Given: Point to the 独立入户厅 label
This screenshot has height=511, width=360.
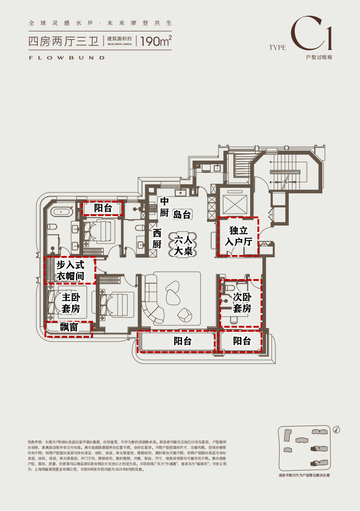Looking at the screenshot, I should (238, 236).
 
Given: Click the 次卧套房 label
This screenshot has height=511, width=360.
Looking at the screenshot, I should (242, 303).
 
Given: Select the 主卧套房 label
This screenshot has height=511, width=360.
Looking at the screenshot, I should (70, 303).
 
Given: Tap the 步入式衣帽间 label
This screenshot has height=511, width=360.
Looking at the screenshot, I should (70, 270).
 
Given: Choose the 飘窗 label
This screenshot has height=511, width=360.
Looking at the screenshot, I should (69, 327).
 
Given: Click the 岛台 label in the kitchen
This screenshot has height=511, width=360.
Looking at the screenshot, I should (182, 215).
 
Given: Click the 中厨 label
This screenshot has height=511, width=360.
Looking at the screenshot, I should (164, 206).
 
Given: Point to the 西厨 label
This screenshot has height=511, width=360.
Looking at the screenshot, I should (157, 238).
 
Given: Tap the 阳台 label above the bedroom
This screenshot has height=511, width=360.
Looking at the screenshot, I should (103, 208).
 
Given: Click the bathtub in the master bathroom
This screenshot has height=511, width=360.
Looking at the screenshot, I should (61, 211).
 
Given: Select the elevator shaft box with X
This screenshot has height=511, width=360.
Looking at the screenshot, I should (233, 201).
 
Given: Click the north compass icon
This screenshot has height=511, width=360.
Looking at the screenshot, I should (336, 428).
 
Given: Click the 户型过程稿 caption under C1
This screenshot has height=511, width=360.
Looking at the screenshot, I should (319, 58).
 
